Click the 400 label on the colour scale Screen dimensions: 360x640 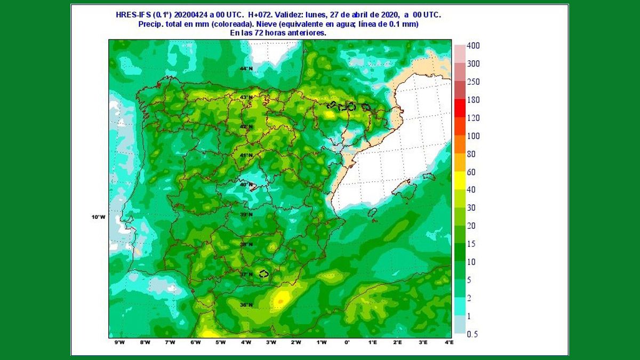(x=473, y=46)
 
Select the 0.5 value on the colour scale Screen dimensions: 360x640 (x=473, y=334)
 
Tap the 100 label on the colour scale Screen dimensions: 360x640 (x=473, y=136)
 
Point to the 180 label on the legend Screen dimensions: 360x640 (x=473, y=100)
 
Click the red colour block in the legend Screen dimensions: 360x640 (x=459, y=108)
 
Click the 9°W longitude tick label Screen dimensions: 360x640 (x=119, y=342)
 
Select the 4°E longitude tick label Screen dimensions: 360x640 (x=449, y=342)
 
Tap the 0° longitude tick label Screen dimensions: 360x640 (x=347, y=342)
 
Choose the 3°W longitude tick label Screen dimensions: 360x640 (x=271, y=342)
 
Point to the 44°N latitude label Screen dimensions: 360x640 (x=246, y=69)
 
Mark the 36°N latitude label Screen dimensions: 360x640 (x=246, y=305)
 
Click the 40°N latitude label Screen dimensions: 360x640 (x=246, y=185)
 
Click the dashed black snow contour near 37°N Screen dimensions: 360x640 (x=263, y=274)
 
